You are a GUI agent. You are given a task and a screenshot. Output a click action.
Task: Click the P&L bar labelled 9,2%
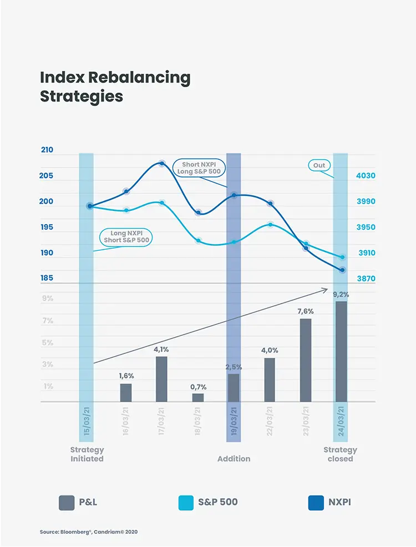(x=341, y=351)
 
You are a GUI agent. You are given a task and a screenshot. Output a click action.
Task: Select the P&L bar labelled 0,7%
(x=198, y=397)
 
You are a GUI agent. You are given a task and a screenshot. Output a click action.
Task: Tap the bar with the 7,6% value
(x=306, y=360)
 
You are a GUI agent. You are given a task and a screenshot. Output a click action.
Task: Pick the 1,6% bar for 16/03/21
(x=126, y=393)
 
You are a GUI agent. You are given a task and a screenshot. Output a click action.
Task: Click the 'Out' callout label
(x=319, y=165)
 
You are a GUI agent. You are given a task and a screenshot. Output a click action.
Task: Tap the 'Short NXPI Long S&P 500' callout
(x=199, y=168)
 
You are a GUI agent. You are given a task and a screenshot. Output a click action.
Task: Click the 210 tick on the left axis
(x=47, y=150)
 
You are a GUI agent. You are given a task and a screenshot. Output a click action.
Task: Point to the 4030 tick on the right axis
(x=366, y=176)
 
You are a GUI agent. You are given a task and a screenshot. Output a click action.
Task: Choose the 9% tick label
(x=48, y=298)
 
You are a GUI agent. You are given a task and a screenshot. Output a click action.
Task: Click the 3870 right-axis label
(x=366, y=278)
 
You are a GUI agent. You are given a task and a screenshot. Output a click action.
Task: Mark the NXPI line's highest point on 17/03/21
(x=162, y=163)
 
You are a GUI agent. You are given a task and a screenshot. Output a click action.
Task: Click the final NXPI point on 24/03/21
(x=343, y=270)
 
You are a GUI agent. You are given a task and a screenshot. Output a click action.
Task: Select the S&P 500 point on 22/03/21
(x=270, y=225)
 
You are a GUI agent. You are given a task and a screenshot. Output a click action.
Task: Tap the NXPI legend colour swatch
(x=316, y=503)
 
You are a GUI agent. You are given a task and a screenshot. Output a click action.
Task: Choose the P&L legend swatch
(x=67, y=503)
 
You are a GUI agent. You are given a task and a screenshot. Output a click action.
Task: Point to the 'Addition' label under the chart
(x=234, y=459)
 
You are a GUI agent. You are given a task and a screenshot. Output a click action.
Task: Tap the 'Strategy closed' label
(x=340, y=454)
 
